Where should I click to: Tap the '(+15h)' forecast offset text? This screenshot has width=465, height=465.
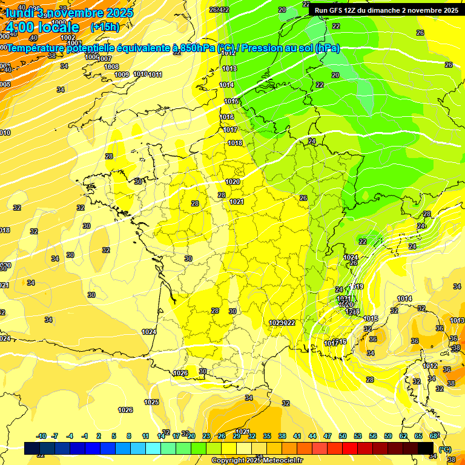click(105, 27)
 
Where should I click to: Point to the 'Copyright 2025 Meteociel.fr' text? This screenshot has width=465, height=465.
click(257, 460)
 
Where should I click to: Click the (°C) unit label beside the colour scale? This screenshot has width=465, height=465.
click(444, 449)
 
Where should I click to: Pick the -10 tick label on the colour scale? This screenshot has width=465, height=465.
click(42, 436)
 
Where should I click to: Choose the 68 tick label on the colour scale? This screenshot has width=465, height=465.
click(433, 436)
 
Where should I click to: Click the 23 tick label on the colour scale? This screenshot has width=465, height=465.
click(206, 436)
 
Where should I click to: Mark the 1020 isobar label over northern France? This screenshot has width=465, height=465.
click(232, 182)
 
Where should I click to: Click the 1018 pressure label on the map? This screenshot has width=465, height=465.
click(235, 143)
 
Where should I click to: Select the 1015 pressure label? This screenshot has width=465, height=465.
click(231, 101)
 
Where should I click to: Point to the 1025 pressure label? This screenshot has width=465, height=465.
click(151, 402)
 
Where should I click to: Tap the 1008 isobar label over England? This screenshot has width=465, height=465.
click(111, 67)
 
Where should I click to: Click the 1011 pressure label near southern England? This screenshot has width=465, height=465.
click(155, 74)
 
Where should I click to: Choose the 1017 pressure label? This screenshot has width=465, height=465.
click(230, 130)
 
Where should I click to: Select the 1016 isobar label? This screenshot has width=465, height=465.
click(227, 117)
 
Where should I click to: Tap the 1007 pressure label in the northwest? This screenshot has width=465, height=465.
click(105, 59)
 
